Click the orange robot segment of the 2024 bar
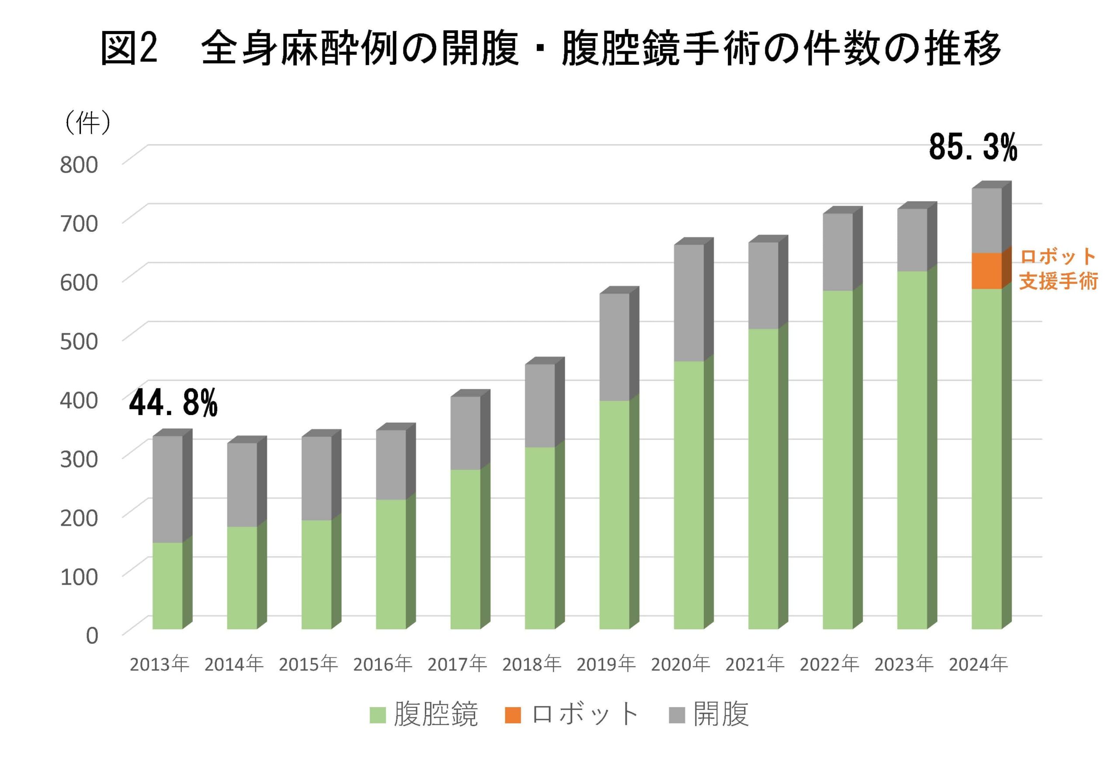986,270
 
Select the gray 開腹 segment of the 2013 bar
167,489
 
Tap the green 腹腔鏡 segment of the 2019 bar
614,514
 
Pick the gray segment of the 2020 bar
688,303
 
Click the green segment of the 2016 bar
391,564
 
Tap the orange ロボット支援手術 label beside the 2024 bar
1058,269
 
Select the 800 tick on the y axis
79,164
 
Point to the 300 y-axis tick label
79,458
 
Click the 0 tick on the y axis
92,635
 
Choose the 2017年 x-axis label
457,664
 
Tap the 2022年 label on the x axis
829,664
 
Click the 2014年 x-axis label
233,664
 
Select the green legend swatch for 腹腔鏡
378,715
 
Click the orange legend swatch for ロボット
512,715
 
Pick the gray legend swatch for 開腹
677,715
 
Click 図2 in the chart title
129,48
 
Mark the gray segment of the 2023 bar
912,239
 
